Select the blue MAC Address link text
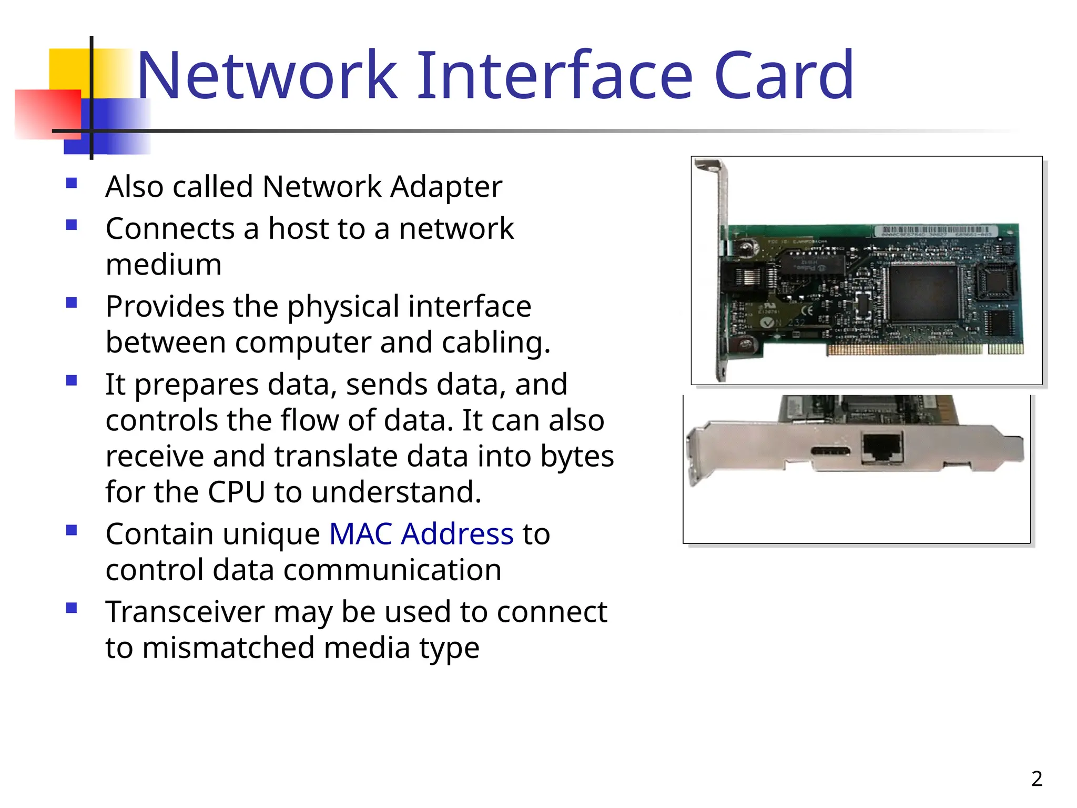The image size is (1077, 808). [x=421, y=534]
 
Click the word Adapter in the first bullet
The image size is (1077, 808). [x=446, y=187]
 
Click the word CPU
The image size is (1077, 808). [x=236, y=492]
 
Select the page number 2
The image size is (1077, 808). [x=1037, y=779]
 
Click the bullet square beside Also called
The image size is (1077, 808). [x=72, y=183]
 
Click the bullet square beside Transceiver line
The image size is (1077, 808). [x=72, y=608]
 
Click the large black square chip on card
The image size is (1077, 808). [x=923, y=292]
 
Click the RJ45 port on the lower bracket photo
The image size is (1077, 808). [x=882, y=448]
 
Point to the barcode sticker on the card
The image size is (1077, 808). [x=933, y=231]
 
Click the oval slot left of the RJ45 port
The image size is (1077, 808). [x=830, y=451]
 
